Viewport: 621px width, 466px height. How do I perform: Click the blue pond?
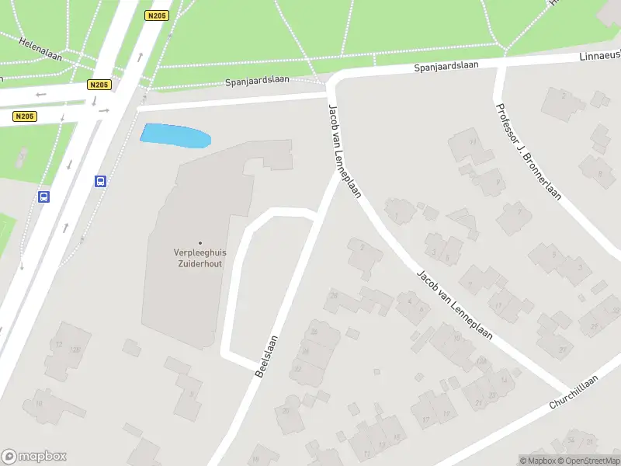pos(175,136)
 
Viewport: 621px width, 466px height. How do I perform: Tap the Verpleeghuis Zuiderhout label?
pos(199,257)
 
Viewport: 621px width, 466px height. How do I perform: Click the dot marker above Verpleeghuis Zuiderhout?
pos(199,243)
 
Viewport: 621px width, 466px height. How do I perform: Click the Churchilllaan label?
pos(574,392)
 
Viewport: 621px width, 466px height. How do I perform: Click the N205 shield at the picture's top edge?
pos(155,15)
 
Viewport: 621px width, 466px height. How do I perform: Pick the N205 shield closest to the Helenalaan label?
pos(99,85)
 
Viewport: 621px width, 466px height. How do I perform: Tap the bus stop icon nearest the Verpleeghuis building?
pos(101,181)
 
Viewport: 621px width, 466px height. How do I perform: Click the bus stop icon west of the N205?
pos(44,196)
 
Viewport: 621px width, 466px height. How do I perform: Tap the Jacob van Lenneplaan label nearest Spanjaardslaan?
pos(344,151)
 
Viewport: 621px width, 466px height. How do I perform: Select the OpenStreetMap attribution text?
pos(588,461)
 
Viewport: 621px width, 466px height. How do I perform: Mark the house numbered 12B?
pos(76,350)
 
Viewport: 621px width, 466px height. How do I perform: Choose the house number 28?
pos(334,295)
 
